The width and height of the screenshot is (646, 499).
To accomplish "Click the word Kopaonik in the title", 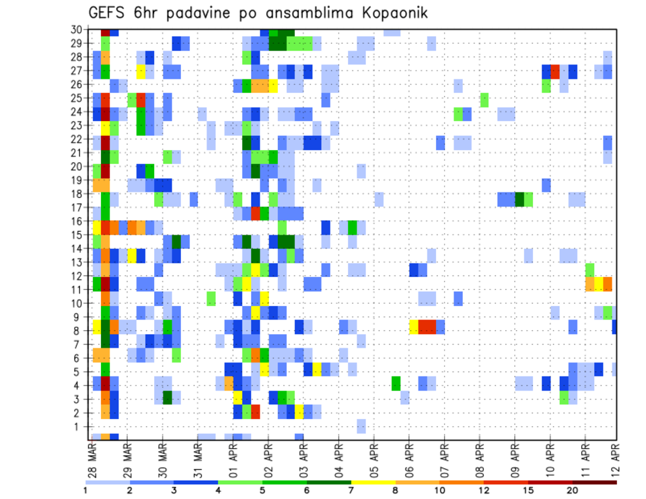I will pyautogui.click(x=390, y=13).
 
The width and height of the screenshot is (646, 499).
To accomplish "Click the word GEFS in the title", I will pyautogui.click(x=110, y=13).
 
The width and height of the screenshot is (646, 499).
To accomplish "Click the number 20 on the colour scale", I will pyautogui.click(x=573, y=490).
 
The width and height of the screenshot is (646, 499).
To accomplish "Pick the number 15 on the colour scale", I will pyautogui.click(x=528, y=490).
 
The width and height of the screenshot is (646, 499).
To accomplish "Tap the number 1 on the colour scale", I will pyautogui.click(x=86, y=490).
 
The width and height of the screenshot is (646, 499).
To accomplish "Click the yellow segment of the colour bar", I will pyautogui.click(x=373, y=482).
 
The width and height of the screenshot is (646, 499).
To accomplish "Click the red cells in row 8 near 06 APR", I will pyautogui.click(x=427, y=327).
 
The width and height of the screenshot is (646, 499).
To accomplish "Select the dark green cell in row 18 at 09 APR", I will pyautogui.click(x=519, y=199).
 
